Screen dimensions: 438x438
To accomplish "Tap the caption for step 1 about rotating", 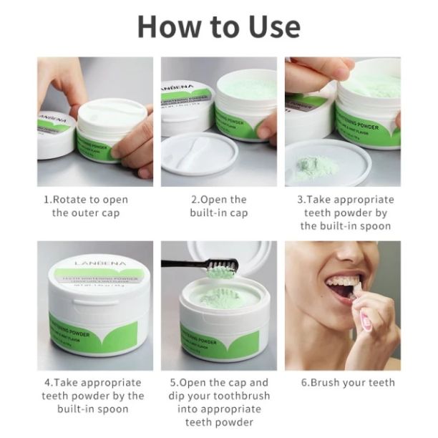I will coord(95,206).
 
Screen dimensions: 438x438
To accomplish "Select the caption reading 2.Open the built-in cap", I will coord(218,206).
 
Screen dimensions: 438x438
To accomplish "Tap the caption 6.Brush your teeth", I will coord(347,382).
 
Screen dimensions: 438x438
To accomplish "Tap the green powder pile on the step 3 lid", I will coord(313,168).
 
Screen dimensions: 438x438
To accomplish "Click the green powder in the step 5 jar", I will coord(223,297).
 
